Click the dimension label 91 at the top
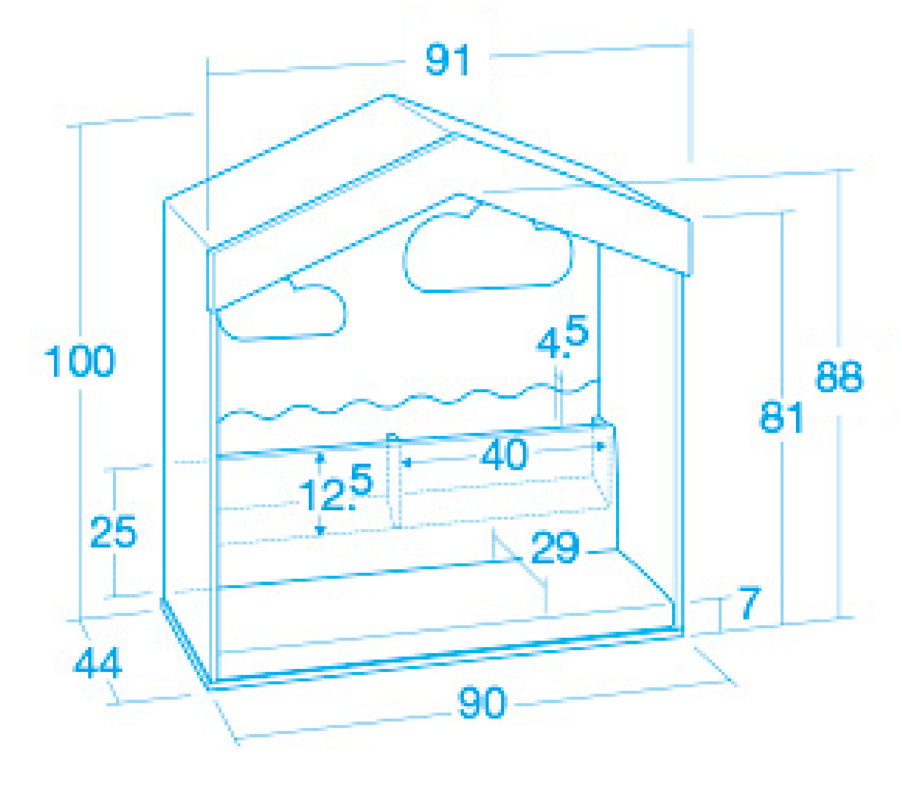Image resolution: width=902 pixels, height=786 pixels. coord(447,60)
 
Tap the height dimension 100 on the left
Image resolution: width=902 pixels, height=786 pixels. coord(79,361)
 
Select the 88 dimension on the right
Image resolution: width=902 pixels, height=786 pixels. coord(839,376)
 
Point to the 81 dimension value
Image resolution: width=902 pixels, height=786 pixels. coord(781,417)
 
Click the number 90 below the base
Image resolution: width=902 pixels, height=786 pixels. coord(482,702)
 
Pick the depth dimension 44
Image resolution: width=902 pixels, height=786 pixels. coord(97,663)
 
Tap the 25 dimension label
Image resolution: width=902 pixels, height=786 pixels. coord(113,532)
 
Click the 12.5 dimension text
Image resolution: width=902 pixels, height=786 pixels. coord(335,488)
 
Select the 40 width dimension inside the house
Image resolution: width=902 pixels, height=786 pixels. coord(505,454)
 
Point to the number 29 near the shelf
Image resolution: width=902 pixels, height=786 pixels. coord(555,547)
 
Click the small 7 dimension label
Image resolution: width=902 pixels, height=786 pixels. coord(749,603)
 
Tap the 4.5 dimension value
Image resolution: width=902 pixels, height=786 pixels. coord(563,337)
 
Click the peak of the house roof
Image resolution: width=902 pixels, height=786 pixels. coord(389,95)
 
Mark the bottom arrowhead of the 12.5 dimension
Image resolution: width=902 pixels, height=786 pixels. coord(320,531)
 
